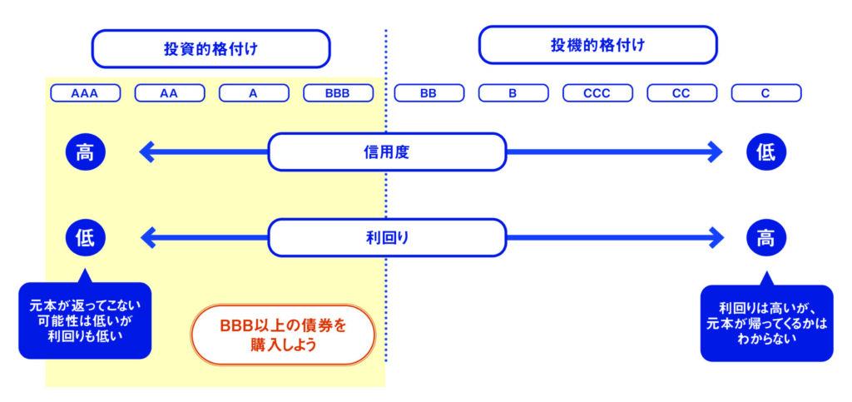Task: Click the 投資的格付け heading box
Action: point(211,49)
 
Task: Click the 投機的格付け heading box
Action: point(597,45)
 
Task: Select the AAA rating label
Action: point(85,93)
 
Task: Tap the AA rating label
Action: point(169,93)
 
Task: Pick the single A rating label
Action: point(254,93)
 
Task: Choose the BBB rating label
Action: point(338,93)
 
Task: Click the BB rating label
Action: point(428,93)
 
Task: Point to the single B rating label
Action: point(513,93)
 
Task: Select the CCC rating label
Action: point(597,93)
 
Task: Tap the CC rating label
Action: point(681,93)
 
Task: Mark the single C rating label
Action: point(765,93)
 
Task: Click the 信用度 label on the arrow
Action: point(387,152)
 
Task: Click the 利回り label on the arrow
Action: point(387,237)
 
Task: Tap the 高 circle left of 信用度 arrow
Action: point(85,152)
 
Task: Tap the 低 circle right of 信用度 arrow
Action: point(765,152)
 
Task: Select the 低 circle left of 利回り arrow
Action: point(85,237)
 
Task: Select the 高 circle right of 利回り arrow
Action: point(765,237)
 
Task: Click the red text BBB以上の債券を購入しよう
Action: point(283,334)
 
